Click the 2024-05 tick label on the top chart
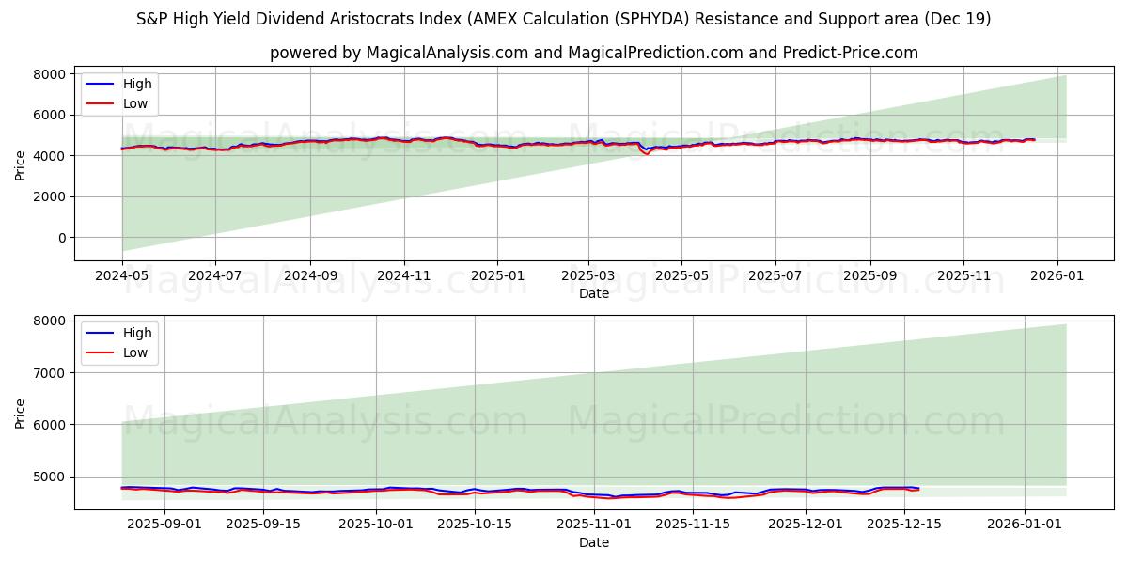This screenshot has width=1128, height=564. [x=122, y=276]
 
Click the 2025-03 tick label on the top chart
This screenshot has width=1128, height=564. [x=588, y=276]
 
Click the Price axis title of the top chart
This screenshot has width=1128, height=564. [x=21, y=164]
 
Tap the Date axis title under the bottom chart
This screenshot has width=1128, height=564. [x=593, y=542]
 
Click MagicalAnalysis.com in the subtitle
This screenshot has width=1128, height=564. [x=447, y=53]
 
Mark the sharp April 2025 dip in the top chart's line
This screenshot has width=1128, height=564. [x=647, y=153]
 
